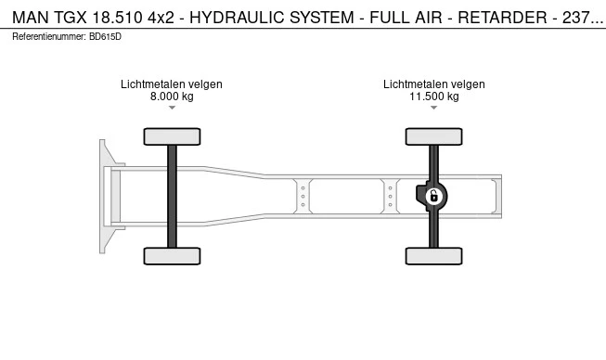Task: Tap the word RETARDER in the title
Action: click(502, 18)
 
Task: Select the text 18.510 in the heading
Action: click(118, 18)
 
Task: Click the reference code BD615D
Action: click(105, 37)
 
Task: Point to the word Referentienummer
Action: click(48, 37)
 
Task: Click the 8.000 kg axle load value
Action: click(172, 96)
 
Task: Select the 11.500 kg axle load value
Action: click(434, 96)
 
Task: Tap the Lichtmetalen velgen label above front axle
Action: click(172, 84)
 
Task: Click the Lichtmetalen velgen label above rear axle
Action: click(434, 84)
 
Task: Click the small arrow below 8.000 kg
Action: click(172, 108)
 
